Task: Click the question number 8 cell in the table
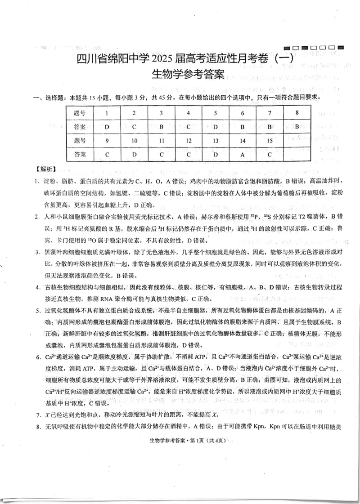click(x=297, y=113)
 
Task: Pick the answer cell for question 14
click(x=242, y=154)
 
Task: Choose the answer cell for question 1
click(x=107, y=127)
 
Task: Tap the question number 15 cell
click(x=269, y=141)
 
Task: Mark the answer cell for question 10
click(x=134, y=154)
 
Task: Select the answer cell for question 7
click(x=269, y=127)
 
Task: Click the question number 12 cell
click(x=188, y=141)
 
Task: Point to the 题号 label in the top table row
click(x=80, y=113)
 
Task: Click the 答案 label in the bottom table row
click(x=80, y=154)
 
